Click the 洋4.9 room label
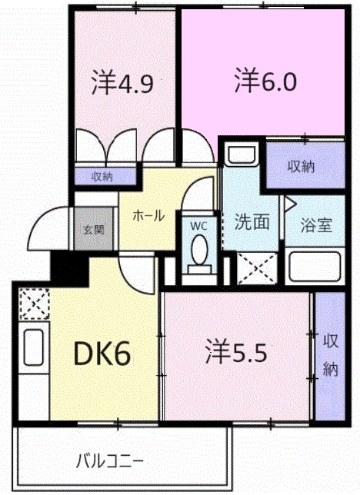click(123, 82)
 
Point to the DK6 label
click(101, 354)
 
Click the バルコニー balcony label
click(109, 461)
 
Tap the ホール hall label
click(148, 216)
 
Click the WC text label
click(198, 226)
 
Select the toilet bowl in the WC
click(198, 251)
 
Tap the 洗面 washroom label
click(252, 222)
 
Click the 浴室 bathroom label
click(315, 226)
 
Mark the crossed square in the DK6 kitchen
click(33, 303)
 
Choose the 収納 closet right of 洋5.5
click(330, 355)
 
